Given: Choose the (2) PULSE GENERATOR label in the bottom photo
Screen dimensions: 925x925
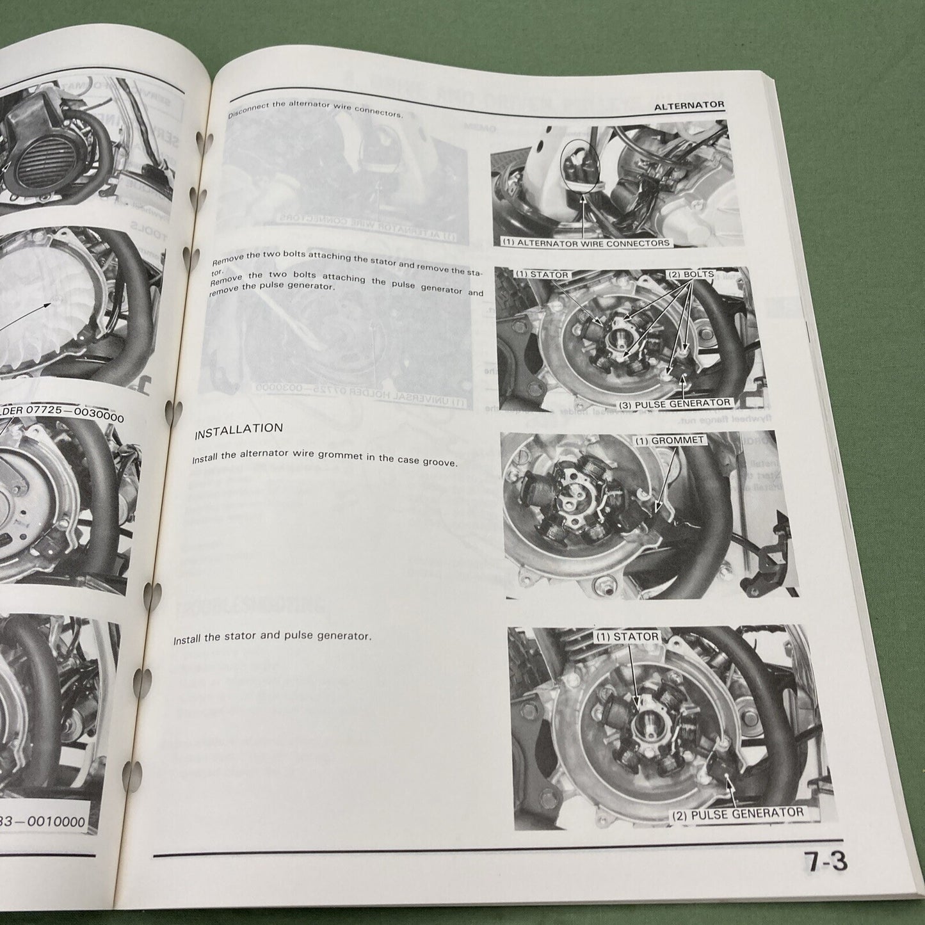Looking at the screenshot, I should tap(737, 812).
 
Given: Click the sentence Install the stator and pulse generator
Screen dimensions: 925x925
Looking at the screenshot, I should tap(272, 638).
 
